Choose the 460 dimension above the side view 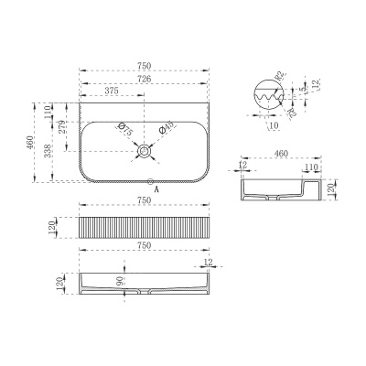tap(281, 156)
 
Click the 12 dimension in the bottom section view tap(210, 264)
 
